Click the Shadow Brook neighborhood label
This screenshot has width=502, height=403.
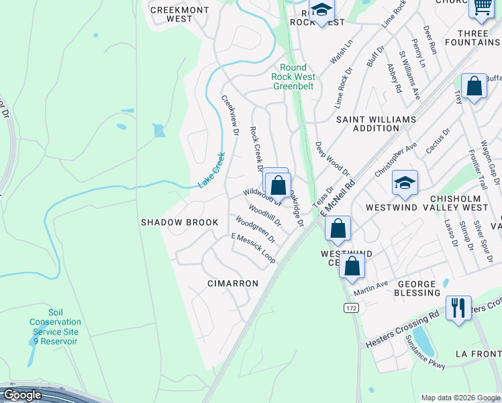click(x=179, y=222)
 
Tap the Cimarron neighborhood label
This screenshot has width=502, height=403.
click(x=233, y=283)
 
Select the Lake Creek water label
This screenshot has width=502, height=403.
click(x=211, y=171)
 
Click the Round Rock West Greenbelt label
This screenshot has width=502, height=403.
click(x=293, y=77)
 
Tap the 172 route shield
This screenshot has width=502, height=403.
click(x=351, y=308)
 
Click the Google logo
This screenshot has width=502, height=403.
click(x=21, y=395)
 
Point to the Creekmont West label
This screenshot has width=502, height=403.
click(x=171, y=14)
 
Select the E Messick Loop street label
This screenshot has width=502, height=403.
click(x=253, y=248)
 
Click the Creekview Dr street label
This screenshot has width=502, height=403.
click(x=230, y=116)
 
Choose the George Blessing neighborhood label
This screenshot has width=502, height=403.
click(x=417, y=289)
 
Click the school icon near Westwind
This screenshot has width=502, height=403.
click(x=405, y=183)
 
